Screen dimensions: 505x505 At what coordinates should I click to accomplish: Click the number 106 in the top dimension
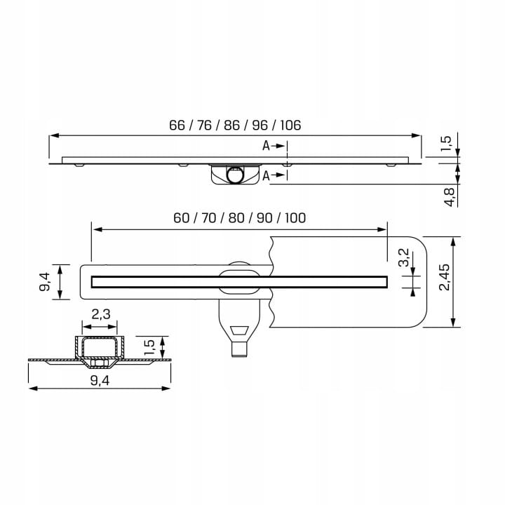click(290, 126)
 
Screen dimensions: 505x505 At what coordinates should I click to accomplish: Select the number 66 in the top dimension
click(177, 126)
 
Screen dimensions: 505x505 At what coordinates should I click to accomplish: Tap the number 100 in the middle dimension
click(295, 218)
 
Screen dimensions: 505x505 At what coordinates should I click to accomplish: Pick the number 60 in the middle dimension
click(182, 218)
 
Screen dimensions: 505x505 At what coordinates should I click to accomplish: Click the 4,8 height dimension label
click(450, 197)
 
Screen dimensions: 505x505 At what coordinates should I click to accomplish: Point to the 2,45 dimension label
click(445, 277)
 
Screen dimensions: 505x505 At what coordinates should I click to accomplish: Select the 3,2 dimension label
click(403, 257)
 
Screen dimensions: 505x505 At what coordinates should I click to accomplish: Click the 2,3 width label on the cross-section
click(101, 314)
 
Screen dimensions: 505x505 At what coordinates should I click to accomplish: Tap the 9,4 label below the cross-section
click(100, 381)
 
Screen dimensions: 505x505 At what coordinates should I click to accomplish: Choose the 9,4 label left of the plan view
click(44, 282)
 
